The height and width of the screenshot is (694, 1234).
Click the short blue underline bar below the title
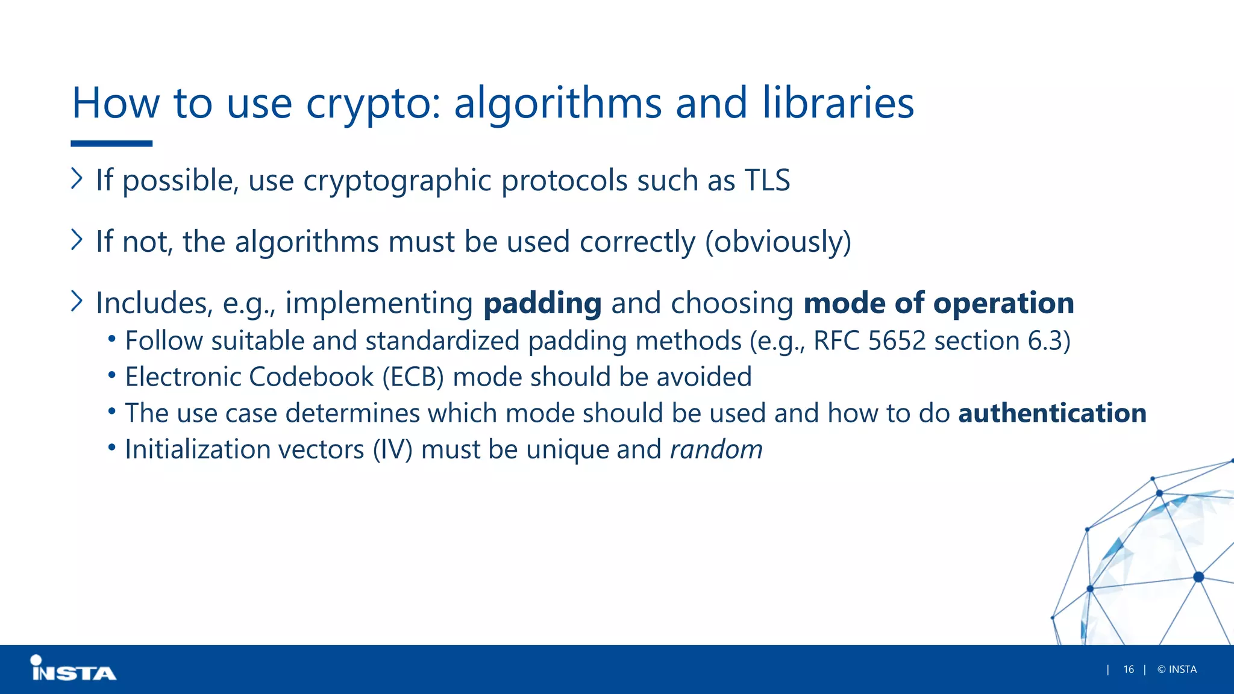pos(111,143)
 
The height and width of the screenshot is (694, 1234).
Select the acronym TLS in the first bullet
pos(767,180)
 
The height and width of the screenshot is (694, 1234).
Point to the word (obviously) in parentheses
pos(778,242)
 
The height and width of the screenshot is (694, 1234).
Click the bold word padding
pos(542,303)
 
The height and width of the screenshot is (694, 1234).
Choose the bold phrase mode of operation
pos(938,303)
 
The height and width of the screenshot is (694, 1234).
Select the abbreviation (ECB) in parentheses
pos(413,377)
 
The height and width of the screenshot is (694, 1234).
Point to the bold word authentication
pos(1052,413)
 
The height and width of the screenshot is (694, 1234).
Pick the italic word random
pos(716,449)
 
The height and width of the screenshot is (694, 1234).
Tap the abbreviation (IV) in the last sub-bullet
pos(392,449)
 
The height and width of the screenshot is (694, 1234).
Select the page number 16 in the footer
pos(1129,669)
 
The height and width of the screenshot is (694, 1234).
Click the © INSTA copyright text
pos(1177,669)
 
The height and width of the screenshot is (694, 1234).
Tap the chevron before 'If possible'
pos(77,178)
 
